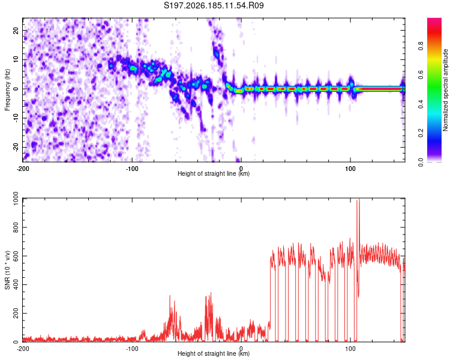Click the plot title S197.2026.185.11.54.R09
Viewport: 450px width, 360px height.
[x=214, y=5]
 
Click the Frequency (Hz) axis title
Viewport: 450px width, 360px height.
[x=7, y=90]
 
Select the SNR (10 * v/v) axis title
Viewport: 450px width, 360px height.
[x=7, y=270]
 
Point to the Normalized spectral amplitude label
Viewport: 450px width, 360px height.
[x=445, y=90]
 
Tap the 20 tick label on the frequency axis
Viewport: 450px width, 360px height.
[x=16, y=31]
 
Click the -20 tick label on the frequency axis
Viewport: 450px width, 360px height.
[x=16, y=148]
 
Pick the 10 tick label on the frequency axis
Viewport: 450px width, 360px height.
[x=16, y=59]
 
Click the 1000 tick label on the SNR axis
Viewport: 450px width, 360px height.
[x=16, y=199]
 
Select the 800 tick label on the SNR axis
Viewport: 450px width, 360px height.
[x=16, y=227]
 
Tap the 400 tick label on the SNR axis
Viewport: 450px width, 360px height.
[x=16, y=285]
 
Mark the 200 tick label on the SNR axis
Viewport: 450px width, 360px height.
[x=16, y=313]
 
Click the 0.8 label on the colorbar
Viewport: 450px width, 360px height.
[x=421, y=46]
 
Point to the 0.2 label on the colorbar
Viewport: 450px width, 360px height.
[x=421, y=133]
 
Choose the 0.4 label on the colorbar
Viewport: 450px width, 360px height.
[x=421, y=104]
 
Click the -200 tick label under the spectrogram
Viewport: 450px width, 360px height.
[x=23, y=169]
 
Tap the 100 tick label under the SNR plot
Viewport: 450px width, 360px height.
[x=350, y=349]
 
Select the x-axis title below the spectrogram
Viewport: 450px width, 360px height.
[x=214, y=173]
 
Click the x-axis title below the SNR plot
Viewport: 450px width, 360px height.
[x=214, y=353]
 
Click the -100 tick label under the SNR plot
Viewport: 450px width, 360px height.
[x=132, y=349]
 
